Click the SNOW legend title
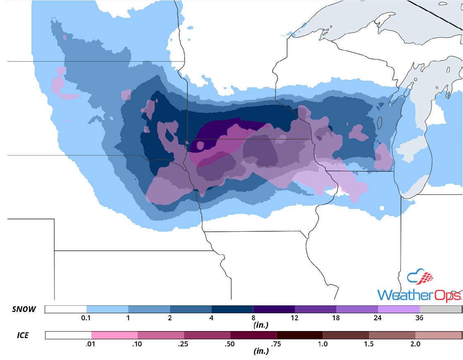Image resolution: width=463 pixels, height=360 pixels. [24, 310]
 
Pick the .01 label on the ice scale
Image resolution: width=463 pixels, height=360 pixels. [91, 344]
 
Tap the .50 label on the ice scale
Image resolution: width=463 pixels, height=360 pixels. [230, 344]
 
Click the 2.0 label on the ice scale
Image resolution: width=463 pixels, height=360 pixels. [415, 344]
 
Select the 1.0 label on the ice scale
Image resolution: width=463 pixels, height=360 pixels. [323, 344]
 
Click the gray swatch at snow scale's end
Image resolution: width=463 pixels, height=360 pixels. [441, 309]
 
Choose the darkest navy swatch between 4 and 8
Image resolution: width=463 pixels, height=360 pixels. [232, 309]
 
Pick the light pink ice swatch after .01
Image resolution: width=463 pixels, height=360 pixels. [115, 335]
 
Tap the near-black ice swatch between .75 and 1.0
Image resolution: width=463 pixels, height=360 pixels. [300, 335]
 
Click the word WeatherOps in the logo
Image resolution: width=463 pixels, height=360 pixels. [419, 295]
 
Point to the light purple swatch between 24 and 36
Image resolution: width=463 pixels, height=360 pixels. [399, 309]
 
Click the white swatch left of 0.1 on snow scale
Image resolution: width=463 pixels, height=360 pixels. [65, 309]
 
